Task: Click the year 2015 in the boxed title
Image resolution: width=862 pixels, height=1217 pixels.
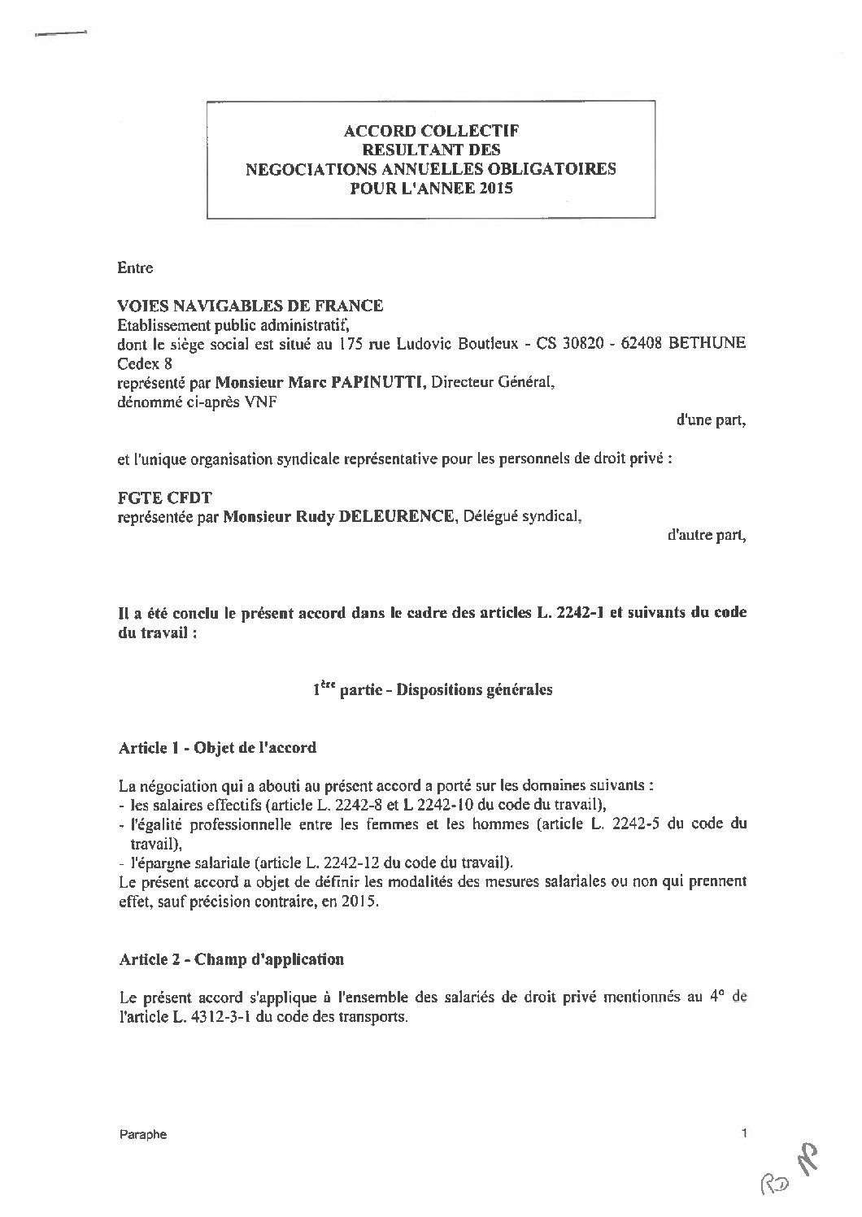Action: (497, 188)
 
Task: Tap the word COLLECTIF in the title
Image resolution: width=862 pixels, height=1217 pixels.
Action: (480, 130)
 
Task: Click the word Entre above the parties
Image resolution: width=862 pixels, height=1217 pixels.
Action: (135, 267)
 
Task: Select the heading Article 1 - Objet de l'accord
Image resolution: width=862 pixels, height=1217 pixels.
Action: (217, 748)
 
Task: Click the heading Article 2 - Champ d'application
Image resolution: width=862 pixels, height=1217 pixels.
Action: (231, 959)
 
